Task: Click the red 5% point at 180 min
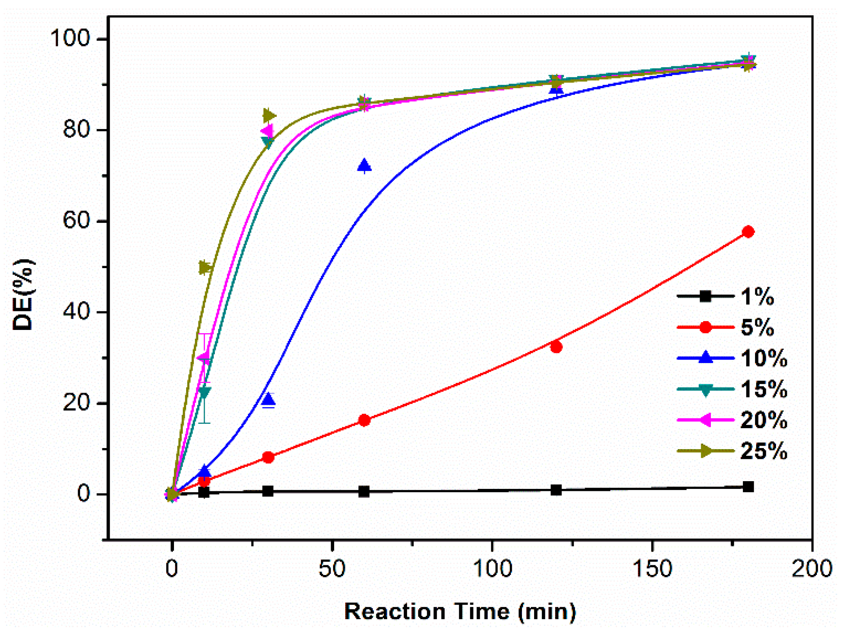point(748,232)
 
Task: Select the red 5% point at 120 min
point(556,347)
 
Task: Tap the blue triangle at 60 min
point(365,165)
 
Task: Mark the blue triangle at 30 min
point(268,400)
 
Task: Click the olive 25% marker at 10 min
point(205,268)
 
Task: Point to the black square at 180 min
point(748,487)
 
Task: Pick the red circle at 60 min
point(365,420)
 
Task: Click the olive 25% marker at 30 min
point(269,116)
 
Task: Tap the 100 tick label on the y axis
point(70,38)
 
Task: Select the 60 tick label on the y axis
point(76,221)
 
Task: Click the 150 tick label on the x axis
point(652,568)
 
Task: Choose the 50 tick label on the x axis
point(332,568)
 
